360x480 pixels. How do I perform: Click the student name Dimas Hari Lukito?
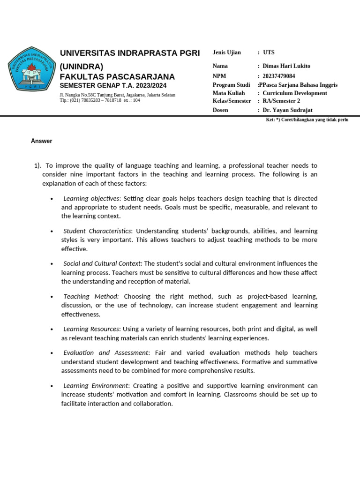click(x=286, y=66)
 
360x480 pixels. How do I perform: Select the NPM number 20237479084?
click(x=279, y=76)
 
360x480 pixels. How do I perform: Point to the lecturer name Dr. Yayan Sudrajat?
click(x=287, y=110)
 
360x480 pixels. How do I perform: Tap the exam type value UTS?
click(x=269, y=52)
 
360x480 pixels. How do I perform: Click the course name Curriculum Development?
click(x=295, y=93)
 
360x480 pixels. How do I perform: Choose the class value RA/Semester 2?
click(x=281, y=101)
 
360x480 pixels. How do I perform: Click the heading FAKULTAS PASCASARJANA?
click(x=117, y=77)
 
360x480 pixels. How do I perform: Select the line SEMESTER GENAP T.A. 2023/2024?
click(x=113, y=86)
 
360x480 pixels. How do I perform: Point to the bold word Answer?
click(x=42, y=141)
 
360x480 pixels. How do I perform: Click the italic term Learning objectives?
click(x=92, y=198)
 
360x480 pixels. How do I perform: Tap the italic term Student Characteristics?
click(x=97, y=231)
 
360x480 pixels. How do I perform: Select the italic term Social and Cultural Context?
click(x=102, y=263)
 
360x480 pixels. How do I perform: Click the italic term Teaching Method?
click(x=91, y=296)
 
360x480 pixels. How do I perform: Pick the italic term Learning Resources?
click(x=91, y=329)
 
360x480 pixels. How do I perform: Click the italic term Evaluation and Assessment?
click(x=105, y=352)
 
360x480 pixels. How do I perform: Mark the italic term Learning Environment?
click(x=96, y=385)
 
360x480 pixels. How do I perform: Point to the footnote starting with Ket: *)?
click(x=307, y=120)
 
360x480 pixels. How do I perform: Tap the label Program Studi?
click(x=231, y=85)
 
